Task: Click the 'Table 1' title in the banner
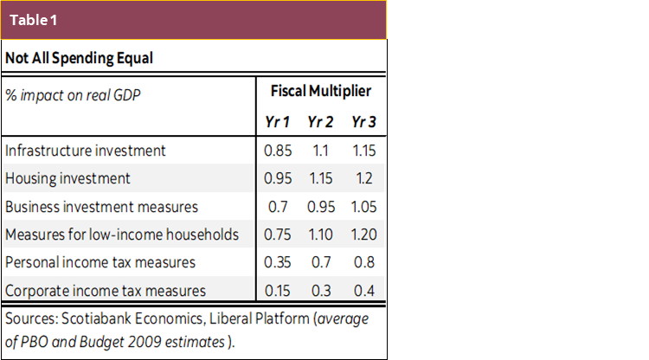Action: (x=35, y=19)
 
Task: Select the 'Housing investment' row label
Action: (x=67, y=178)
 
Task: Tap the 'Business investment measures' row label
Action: (x=101, y=206)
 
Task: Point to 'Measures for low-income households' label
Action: (x=122, y=234)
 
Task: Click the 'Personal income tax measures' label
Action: (x=100, y=261)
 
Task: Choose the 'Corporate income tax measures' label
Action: (x=106, y=290)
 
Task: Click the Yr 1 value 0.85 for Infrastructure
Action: (x=277, y=150)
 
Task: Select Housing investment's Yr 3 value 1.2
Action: (x=364, y=178)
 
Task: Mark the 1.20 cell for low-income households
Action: (x=363, y=234)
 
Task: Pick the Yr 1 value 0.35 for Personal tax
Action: (x=277, y=261)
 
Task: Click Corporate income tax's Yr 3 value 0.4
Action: (x=364, y=290)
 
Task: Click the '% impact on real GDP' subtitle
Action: (x=72, y=93)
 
